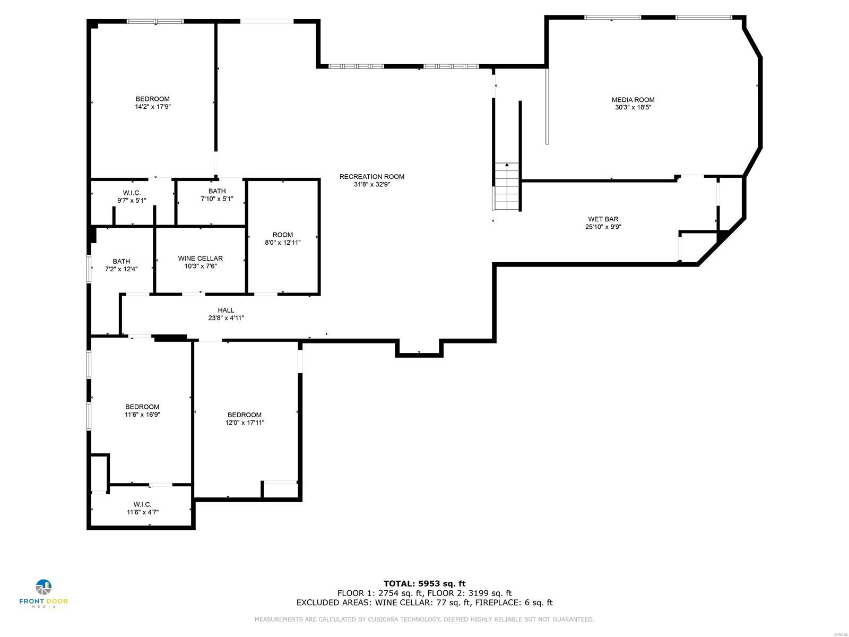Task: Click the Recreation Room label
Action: click(x=371, y=177)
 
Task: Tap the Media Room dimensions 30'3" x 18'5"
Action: click(x=633, y=107)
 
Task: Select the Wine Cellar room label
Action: click(x=200, y=259)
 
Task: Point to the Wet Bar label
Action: click(x=603, y=219)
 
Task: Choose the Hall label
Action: click(x=226, y=311)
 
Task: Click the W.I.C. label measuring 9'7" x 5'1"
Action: click(x=132, y=193)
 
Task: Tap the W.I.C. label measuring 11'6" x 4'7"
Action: click(x=142, y=505)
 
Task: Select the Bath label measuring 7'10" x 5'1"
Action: click(x=216, y=191)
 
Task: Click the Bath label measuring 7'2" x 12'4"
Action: click(x=121, y=261)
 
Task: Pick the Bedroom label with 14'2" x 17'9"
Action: click(x=152, y=99)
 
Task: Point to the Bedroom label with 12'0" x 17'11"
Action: click(x=244, y=415)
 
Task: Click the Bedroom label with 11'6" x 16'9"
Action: click(x=142, y=407)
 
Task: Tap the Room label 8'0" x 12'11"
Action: click(x=282, y=235)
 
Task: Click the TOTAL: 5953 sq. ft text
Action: click(x=424, y=583)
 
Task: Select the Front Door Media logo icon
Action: click(x=44, y=588)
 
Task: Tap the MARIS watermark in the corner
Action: click(x=840, y=633)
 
